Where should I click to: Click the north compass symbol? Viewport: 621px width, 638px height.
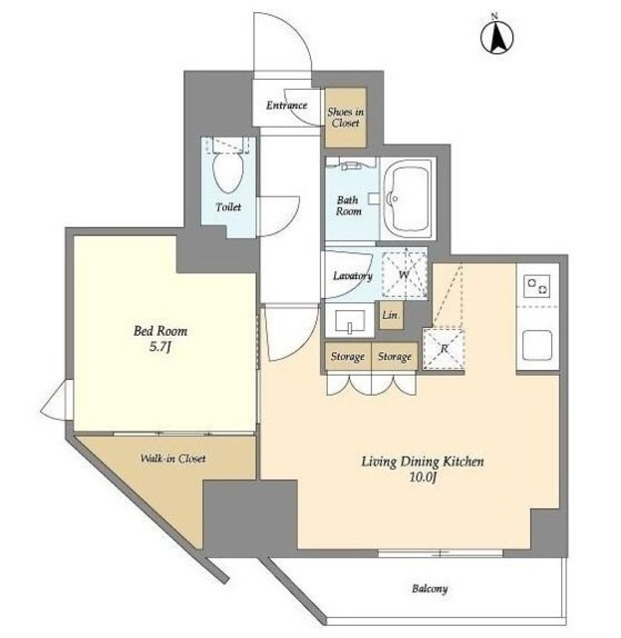tap(496, 36)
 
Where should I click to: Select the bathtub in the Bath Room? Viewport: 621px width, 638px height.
tap(408, 199)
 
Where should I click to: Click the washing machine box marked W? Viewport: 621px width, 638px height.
tap(404, 274)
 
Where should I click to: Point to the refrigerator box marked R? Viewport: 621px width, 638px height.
tap(444, 349)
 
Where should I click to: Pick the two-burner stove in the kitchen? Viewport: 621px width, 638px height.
tap(536, 285)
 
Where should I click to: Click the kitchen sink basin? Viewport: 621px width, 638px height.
tap(537, 345)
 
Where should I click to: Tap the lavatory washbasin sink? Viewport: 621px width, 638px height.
tap(350, 321)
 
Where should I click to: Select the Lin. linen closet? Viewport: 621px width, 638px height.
tap(391, 315)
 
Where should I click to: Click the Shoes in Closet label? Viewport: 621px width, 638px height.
tap(346, 118)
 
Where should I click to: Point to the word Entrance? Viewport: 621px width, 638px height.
tap(286, 106)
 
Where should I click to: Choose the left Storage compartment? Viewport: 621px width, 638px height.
tap(348, 356)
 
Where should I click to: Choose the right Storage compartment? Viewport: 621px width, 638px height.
tap(395, 356)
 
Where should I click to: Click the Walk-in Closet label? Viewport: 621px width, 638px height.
tap(173, 459)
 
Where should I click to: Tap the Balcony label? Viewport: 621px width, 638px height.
tap(430, 588)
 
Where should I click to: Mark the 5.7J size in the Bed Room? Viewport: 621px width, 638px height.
tap(159, 347)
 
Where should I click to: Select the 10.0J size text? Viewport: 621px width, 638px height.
tap(423, 478)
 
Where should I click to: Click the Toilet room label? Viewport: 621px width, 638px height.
tap(228, 207)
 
